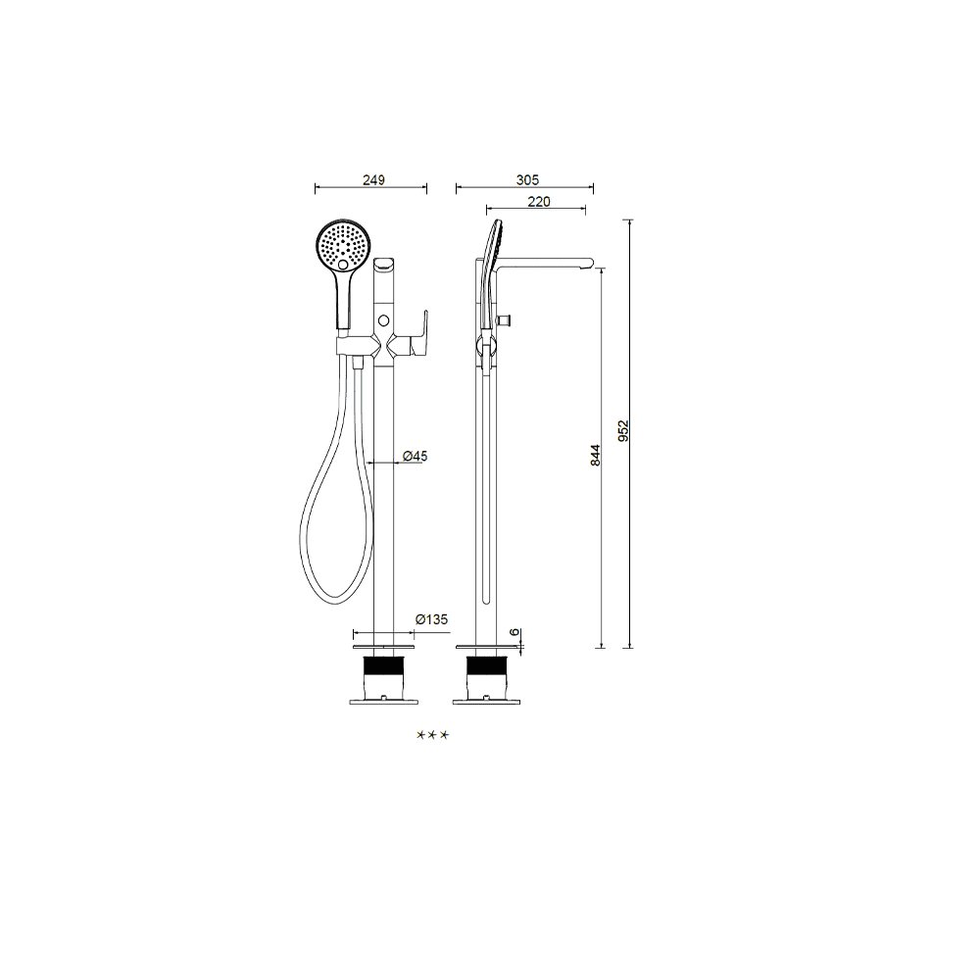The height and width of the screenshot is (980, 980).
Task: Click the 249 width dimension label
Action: click(x=373, y=180)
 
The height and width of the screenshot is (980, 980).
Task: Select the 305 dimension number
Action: click(x=527, y=180)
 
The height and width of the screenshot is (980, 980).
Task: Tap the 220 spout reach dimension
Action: click(x=539, y=202)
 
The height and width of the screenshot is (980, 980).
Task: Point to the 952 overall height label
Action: click(x=623, y=430)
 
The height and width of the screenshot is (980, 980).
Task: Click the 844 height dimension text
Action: click(x=595, y=455)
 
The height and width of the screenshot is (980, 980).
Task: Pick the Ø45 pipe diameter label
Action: click(x=416, y=457)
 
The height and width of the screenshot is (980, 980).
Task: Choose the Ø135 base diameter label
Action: click(x=432, y=619)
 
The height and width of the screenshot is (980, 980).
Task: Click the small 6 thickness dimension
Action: click(x=514, y=632)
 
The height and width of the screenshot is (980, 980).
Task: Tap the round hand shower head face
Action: click(x=343, y=246)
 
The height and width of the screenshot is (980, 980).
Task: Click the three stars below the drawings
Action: click(x=432, y=735)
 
